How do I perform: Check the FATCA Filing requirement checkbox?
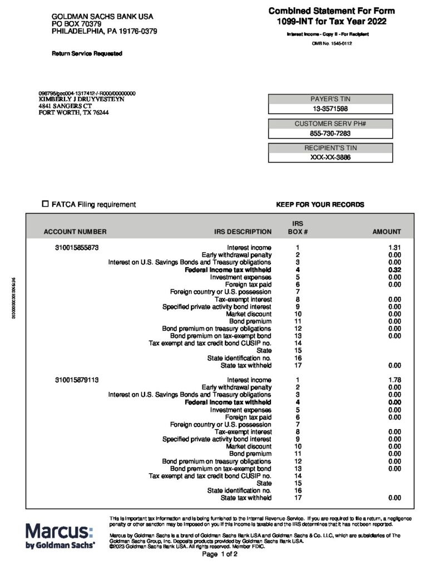point(46,204)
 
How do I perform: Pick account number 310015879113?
point(77,380)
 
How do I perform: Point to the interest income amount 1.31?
point(394,248)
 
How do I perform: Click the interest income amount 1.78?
point(394,380)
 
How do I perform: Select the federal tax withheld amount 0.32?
point(394,269)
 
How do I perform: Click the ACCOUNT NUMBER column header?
point(75,232)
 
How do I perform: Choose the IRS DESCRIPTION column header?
point(243,232)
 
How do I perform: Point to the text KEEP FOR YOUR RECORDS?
point(320,205)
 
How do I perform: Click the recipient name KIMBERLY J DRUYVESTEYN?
point(81,99)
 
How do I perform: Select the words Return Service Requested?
point(87,53)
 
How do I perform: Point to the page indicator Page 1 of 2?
point(220,555)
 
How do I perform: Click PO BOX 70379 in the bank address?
point(81,24)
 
